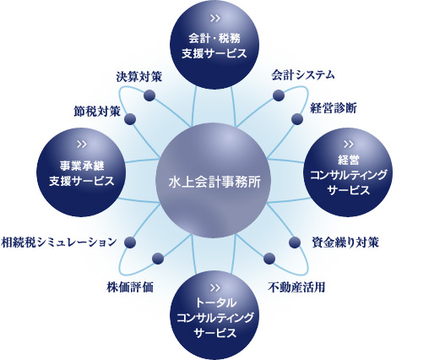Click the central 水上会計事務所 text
[214, 182]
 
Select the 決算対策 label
[138, 77]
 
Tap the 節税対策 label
[97, 112]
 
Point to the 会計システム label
[303, 75]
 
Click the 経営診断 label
[334, 108]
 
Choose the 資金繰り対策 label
[345, 243]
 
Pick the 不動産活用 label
[296, 287]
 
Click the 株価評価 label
[130, 287]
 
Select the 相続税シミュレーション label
[58, 242]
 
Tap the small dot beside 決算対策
[149, 95]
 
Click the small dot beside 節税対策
[130, 119]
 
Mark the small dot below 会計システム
[279, 95]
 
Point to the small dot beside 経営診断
[297, 119]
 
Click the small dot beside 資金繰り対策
[295, 243]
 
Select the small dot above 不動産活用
[269, 259]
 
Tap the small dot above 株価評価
[158, 259]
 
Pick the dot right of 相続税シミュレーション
[130, 243]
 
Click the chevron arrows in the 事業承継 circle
[82, 145]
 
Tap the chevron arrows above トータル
[214, 288]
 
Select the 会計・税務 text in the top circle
[214, 39]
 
